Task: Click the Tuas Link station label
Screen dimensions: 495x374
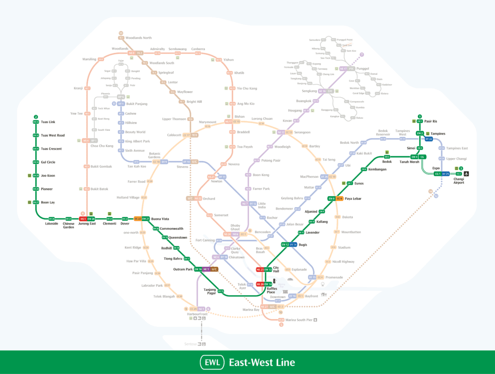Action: point(48,122)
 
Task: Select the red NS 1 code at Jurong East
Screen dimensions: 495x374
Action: point(83,219)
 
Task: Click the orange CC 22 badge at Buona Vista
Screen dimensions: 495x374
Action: point(137,219)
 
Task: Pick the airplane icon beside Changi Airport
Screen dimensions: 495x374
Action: point(466,174)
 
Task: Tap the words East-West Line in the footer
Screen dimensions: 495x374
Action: point(262,362)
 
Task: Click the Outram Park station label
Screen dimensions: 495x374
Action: point(183,269)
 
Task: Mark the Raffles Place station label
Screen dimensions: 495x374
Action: point(271,290)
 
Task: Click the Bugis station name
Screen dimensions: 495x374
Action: point(303,245)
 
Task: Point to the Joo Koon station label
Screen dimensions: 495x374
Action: point(48,175)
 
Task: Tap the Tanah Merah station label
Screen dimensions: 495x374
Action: point(409,162)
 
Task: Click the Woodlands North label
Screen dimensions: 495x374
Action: point(138,37)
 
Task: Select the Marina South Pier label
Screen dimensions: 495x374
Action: point(299,320)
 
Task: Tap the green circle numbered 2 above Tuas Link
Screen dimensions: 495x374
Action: point(36,117)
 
